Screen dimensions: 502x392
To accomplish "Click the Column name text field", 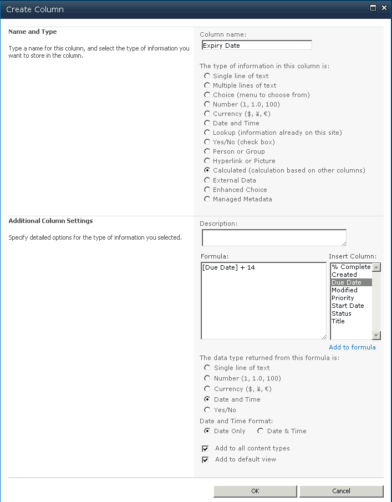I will tap(256, 45).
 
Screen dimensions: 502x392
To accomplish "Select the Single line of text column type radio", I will tap(207, 76).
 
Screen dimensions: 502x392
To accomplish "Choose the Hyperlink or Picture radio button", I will tap(207, 161).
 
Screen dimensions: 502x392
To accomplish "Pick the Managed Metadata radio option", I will tap(207, 199).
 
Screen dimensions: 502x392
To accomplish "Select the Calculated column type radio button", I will tap(207, 170).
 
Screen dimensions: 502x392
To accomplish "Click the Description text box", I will tap(274, 237).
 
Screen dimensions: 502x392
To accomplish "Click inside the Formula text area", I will tap(263, 300).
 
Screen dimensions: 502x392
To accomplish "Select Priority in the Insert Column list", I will tap(343, 298).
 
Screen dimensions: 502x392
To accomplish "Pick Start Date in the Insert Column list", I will tap(348, 306).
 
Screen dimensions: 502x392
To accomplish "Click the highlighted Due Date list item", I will tap(347, 282).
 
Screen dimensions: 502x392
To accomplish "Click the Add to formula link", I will tap(352, 347).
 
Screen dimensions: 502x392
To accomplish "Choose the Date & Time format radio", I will tap(260, 431).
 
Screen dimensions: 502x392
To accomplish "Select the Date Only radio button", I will tap(207, 431).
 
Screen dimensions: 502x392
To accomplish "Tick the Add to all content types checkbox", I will tap(205, 448).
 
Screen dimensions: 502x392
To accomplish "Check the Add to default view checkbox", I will tap(205, 459).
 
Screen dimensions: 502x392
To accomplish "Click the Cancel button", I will tap(341, 491).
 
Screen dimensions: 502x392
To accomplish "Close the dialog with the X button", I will tap(384, 8).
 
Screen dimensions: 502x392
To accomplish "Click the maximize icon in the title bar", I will tap(373, 8).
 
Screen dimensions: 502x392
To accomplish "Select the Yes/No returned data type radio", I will tap(207, 410).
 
